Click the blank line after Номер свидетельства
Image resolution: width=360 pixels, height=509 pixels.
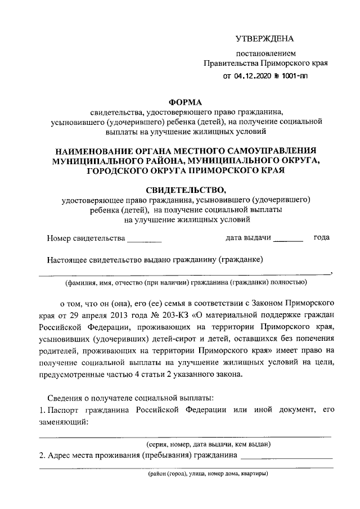(144, 240)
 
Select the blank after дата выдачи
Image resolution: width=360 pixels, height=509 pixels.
(287, 240)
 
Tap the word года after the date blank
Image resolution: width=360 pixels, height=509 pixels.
(322, 238)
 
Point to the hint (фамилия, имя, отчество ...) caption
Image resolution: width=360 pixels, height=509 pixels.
(186, 282)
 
